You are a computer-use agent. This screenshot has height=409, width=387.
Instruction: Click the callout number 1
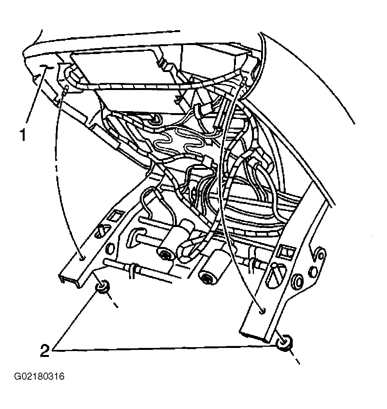click(23, 135)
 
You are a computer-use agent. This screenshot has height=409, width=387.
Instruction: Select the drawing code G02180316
click(40, 377)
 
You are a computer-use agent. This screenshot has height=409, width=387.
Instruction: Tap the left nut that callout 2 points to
click(103, 287)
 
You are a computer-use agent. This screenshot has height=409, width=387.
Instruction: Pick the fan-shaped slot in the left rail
click(101, 231)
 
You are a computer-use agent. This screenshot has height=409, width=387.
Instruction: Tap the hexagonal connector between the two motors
click(188, 249)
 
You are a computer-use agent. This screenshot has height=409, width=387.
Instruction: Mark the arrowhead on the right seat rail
click(262, 310)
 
